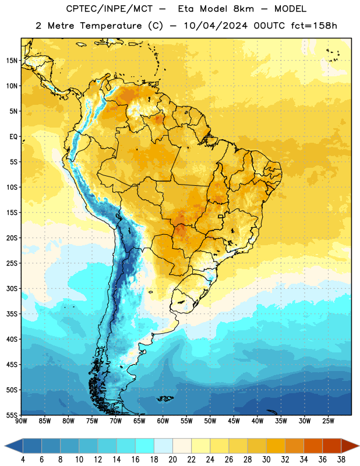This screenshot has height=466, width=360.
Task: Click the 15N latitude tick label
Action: coord(12,61)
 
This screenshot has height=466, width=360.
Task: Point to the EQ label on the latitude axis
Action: coord(13,137)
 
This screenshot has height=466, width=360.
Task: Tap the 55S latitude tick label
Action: coord(12,415)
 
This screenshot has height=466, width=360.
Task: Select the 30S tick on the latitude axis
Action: coord(12,288)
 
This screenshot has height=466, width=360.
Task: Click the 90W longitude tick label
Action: coord(21,421)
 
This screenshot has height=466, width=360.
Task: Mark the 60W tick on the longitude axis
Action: coord(163,421)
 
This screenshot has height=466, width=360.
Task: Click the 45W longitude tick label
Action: coord(234,421)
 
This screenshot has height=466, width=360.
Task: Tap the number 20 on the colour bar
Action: coord(172,460)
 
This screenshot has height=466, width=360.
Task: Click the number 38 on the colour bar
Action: coord(341,460)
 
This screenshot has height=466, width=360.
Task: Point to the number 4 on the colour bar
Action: coord(23,460)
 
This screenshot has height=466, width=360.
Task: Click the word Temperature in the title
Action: coord(111,26)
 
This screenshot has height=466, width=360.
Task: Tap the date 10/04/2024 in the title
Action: coord(216,26)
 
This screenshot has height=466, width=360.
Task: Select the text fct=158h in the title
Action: coord(314,26)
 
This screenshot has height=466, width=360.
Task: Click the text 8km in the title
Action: coord(243,9)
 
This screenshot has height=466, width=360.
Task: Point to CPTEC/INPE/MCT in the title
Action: coord(109,9)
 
